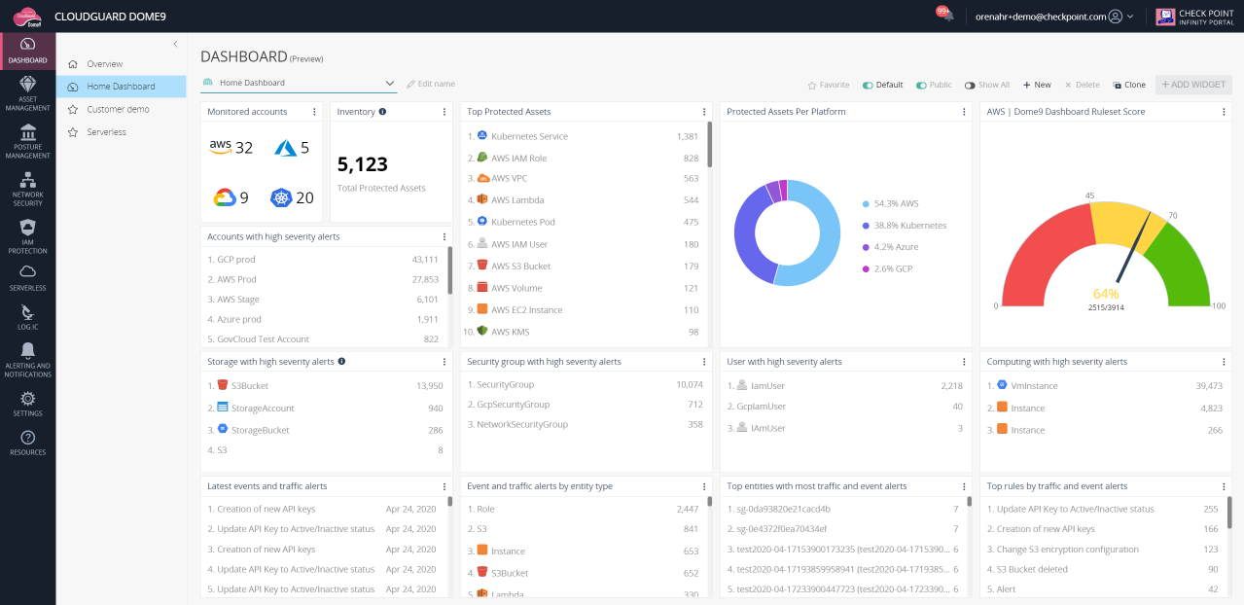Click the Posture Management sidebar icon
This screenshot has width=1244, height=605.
coord(27,132)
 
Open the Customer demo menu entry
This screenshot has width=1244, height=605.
coord(118,109)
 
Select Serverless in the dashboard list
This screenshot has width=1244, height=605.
coord(106,131)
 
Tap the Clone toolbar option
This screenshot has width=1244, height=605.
coord(1129,85)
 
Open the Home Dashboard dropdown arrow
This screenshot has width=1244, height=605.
coord(390,84)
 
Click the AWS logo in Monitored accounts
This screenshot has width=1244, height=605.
coord(221,147)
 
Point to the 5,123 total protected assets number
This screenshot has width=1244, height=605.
coord(363,164)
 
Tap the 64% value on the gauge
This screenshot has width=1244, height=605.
coord(1106,293)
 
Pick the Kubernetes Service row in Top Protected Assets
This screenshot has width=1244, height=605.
coord(529,136)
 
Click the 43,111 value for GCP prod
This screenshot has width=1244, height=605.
coord(425,259)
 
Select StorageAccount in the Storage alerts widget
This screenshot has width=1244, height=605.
coord(263,408)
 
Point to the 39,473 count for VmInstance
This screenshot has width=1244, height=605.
coord(1208,386)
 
